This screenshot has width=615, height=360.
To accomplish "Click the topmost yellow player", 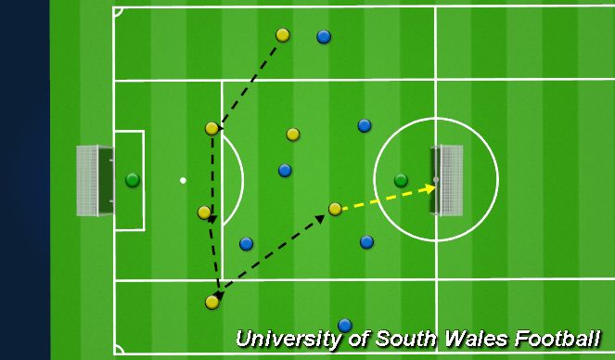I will [283, 35].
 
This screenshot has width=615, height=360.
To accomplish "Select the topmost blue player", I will [324, 37].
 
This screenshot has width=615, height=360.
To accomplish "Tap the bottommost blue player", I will [345, 325].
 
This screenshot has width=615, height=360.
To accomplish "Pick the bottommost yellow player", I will [212, 302].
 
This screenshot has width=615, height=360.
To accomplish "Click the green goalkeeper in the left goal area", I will [133, 179].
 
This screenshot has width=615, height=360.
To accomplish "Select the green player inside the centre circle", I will [401, 180].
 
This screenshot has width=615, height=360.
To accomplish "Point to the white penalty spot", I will [184, 180].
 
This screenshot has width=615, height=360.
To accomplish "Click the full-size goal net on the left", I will [88, 180].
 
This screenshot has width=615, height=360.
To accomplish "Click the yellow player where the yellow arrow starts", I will [335, 210].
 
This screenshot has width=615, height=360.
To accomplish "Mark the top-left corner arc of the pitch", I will [118, 12].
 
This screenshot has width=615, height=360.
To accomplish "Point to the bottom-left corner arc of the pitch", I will [118, 351].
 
